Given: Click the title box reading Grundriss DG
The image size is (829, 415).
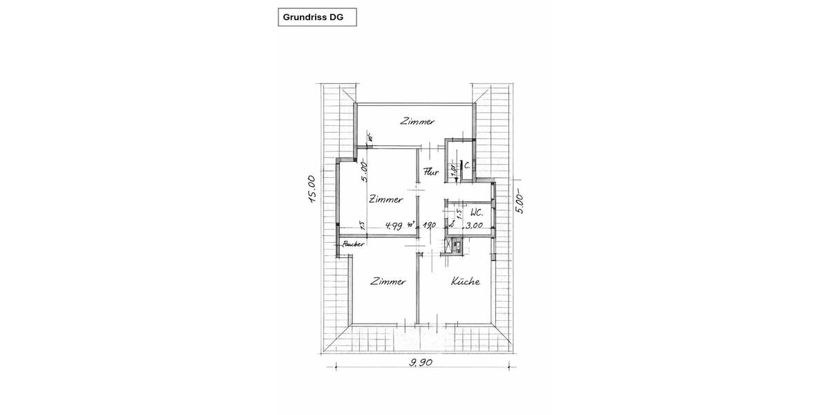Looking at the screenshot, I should pos(317,17).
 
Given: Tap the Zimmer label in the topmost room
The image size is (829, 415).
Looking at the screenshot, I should pos(418,122).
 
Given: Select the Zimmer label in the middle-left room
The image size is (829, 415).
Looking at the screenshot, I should pos(385,200).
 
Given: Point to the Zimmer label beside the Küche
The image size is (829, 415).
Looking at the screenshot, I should pos(388,282).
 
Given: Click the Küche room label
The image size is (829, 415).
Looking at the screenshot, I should pos(466,282).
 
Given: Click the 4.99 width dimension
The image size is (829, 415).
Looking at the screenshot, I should pos(394,225).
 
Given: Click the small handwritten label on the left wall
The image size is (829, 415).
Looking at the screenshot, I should pos(348,244).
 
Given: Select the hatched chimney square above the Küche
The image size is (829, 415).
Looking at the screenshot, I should pos(454,244).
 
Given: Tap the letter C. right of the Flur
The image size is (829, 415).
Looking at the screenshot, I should pos(468,165).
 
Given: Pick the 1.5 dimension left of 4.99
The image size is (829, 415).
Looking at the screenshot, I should pos(361,225).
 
